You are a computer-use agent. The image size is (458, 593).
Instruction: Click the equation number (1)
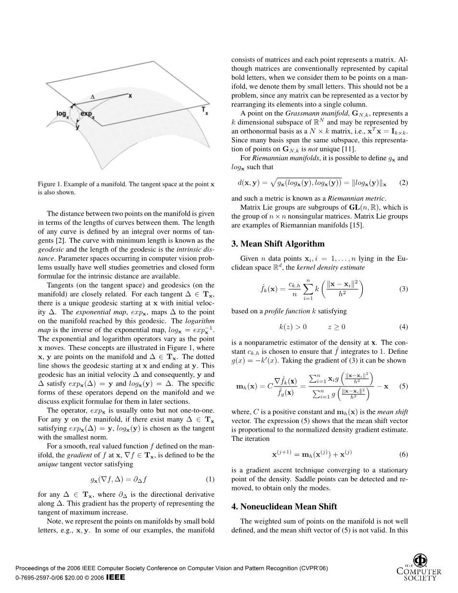coord(210,479)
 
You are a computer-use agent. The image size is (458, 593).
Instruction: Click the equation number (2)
coord(404,183)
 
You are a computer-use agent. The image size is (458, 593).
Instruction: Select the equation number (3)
coord(404,289)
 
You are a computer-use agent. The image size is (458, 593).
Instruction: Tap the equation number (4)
coord(404,327)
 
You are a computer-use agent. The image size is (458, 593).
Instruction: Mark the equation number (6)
coord(404,454)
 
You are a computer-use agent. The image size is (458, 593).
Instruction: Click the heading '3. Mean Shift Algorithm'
coord(278,244)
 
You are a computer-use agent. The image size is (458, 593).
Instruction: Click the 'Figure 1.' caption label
coord(50,185)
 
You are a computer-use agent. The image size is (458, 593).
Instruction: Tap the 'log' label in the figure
coord(62,114)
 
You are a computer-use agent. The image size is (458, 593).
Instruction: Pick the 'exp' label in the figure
coord(88,114)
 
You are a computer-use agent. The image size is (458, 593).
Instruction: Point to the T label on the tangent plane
coord(204,112)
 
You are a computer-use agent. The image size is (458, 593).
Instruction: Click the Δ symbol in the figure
coord(93,97)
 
